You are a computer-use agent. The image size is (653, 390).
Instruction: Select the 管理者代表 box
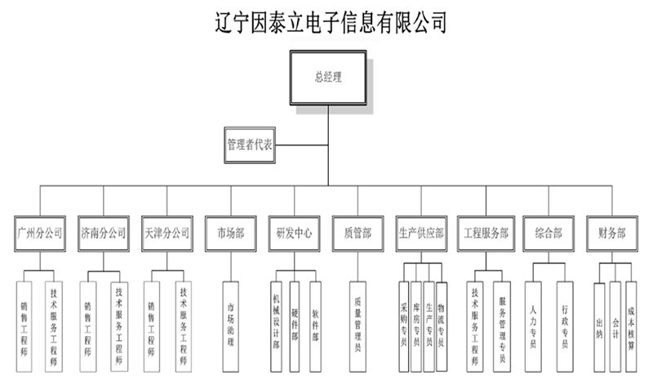coord(250,144)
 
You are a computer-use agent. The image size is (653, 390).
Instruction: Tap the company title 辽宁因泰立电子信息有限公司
coord(328,21)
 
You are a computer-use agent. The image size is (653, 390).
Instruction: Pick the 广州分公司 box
coord(39,233)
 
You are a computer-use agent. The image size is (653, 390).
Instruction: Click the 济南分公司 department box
coord(104,233)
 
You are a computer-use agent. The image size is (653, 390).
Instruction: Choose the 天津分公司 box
coord(166,233)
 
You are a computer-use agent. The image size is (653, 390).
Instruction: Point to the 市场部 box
coord(230,233)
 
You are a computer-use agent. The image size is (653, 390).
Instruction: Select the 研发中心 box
coord(294,233)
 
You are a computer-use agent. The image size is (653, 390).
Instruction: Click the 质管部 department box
coord(358,233)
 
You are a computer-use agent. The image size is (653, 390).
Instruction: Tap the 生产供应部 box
coord(421,233)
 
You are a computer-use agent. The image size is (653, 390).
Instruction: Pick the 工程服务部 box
coord(485,233)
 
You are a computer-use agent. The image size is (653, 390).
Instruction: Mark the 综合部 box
coord(549,233)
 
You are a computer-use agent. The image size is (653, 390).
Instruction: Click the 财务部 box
coord(611,233)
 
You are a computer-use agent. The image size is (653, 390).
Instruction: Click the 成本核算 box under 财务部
coord(631,326)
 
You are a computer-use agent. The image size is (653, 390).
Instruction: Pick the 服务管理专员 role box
coord(502,326)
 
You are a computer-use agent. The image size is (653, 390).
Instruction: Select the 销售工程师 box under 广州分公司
coord(24,326)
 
